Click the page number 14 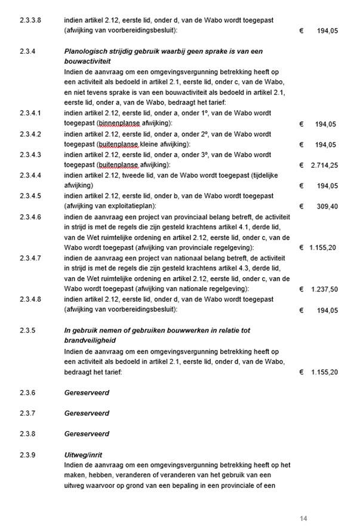pos(303,517)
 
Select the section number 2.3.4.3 pos(30,155)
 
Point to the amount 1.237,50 pos(325,290)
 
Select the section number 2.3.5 pos(27,330)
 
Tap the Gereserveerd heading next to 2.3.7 pos(87,413)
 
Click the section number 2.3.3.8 pos(30,20)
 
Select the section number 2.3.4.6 pos(30,217)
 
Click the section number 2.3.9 pos(27,455)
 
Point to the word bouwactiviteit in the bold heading pos(90,62)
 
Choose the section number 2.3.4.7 pos(30,258)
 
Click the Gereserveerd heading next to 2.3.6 pos(87,392)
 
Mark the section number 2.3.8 pos(27,434)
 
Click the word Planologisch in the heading pos(86,51)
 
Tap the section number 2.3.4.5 pos(30,196)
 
